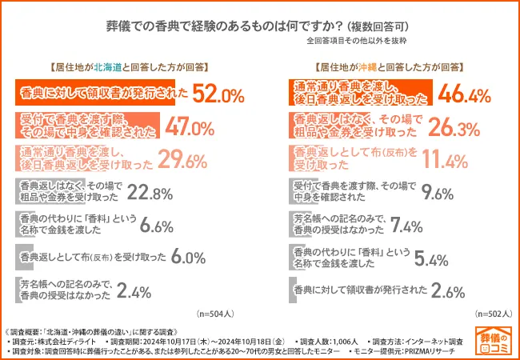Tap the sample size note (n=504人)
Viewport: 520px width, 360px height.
pyautogui.click(x=218, y=314)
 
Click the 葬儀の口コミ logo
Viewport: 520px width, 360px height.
pyautogui.click(x=494, y=341)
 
